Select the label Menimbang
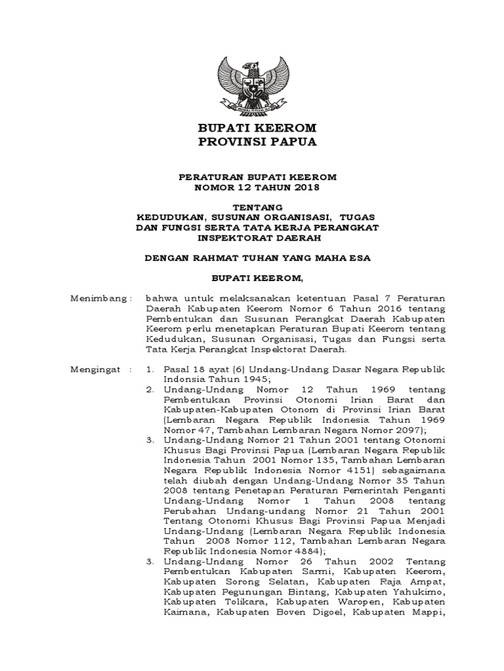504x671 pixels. point(98,298)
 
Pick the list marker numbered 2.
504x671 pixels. point(151,389)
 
